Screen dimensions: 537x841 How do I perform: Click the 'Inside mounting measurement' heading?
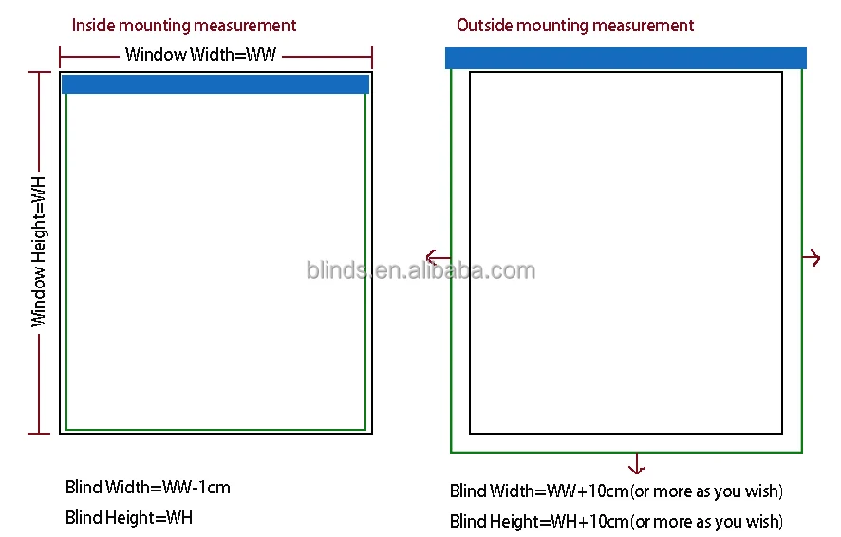point(184,26)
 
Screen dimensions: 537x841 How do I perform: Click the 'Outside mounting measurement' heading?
point(575,26)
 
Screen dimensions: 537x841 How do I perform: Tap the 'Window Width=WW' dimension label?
point(200,55)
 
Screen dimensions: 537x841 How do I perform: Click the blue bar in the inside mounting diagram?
point(215,84)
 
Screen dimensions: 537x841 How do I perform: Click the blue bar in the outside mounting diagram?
point(626,59)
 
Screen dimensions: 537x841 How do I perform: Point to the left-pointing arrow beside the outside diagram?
point(438,257)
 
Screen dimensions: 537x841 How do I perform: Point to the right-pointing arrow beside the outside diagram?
point(812,257)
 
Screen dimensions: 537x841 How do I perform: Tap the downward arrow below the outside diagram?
point(636,464)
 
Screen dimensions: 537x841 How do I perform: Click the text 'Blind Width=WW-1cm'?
point(148,488)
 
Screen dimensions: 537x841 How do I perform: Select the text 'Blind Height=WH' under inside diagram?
point(129,517)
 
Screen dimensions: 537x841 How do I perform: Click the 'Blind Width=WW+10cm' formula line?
point(616,491)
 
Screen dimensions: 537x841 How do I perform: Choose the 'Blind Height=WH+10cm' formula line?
point(616,521)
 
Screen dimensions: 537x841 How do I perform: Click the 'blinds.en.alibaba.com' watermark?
point(420,270)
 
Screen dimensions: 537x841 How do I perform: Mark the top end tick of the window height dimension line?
point(39,72)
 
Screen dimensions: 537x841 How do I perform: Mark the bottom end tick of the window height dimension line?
point(39,434)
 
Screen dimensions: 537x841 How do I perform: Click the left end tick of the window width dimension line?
point(60,55)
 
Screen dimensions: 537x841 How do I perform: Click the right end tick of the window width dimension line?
point(371,55)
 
